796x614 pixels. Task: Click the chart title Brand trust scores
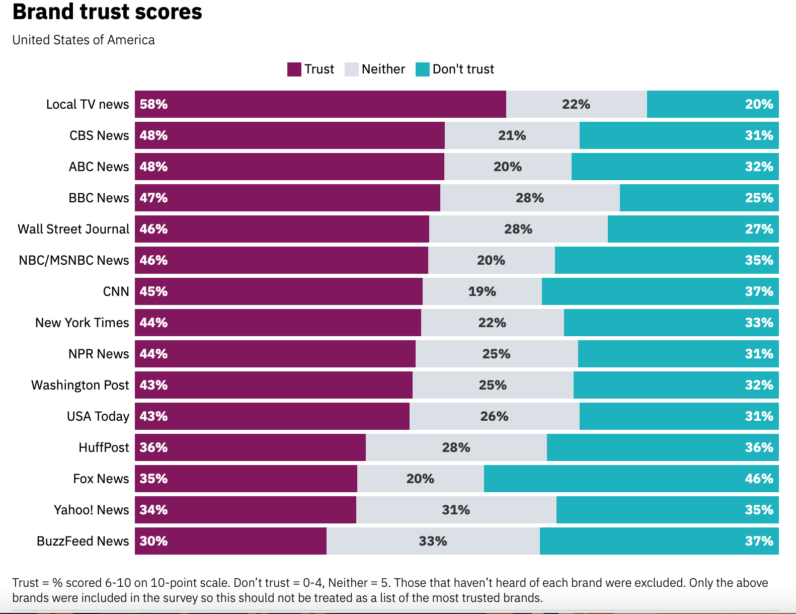107,12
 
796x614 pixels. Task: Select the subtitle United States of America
84,40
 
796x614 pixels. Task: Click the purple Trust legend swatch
294,69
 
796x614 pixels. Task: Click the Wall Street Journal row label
73,229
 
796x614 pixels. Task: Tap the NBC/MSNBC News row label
74,260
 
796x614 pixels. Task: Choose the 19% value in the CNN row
482,291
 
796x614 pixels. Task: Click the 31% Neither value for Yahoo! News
456,510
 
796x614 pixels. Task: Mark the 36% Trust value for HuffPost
153,447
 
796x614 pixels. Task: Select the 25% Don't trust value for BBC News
759,198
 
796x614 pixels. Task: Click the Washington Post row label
80,385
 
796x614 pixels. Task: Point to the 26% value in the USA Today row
494,416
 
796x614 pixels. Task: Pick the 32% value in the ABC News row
759,167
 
